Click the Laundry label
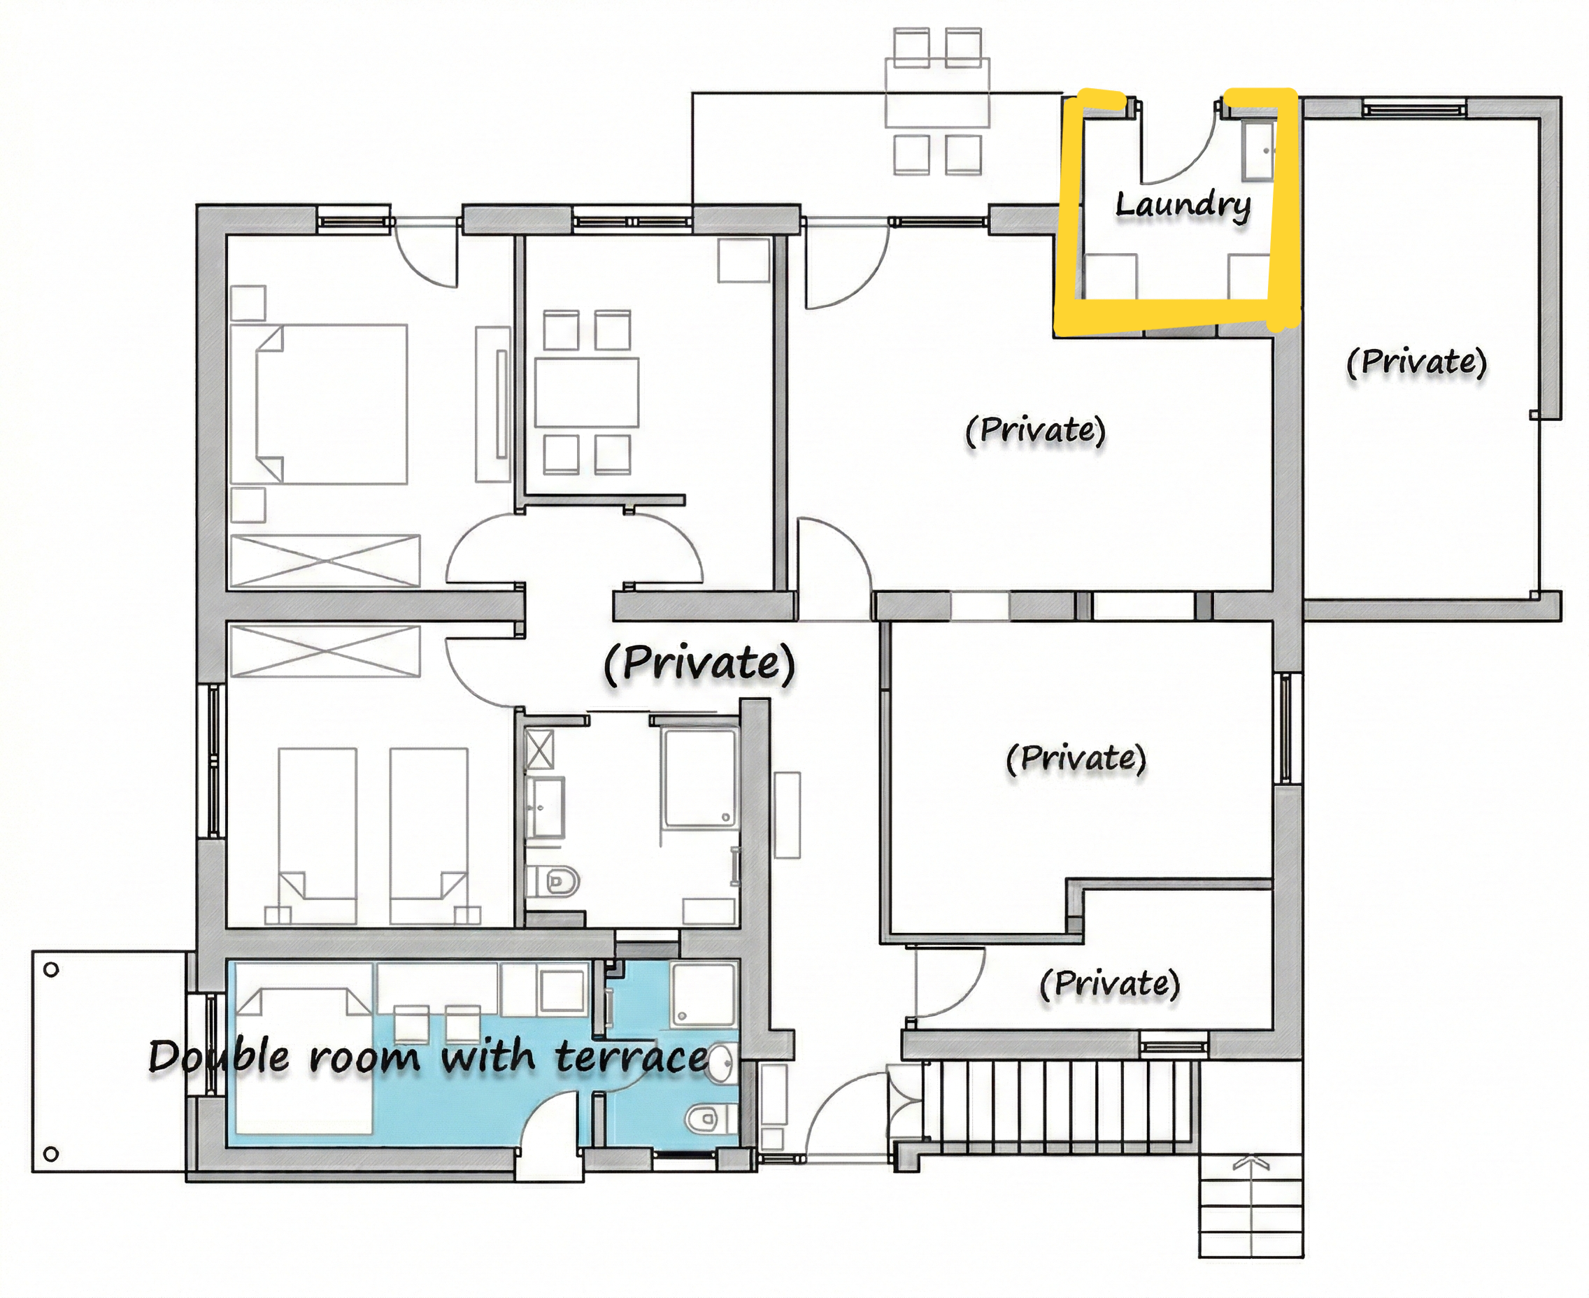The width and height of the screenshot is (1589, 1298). click(x=1183, y=206)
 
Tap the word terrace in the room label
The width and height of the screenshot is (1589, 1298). click(x=632, y=1057)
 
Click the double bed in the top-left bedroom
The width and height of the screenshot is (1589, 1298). click(x=320, y=404)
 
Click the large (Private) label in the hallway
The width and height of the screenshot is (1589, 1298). click(x=699, y=663)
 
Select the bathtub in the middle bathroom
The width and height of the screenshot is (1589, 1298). click(x=700, y=778)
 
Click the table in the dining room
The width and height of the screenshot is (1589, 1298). click(x=586, y=392)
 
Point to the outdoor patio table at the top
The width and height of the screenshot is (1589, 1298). click(x=937, y=92)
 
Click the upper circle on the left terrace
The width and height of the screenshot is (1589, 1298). click(x=51, y=971)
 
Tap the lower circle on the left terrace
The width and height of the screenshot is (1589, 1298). click(x=51, y=1154)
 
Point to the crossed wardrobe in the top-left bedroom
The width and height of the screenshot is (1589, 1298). click(x=325, y=561)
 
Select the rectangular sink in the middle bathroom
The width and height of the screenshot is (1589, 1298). click(x=545, y=808)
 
